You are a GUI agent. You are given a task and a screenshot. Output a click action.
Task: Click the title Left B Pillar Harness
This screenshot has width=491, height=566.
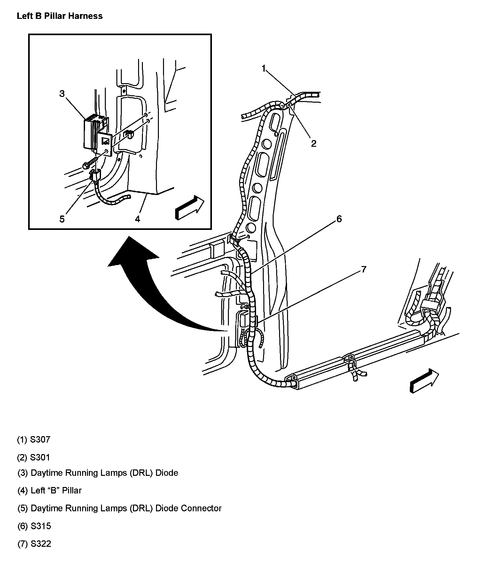pyautogui.click(x=59, y=16)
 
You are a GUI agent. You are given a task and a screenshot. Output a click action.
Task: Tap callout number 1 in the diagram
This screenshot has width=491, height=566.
pyautogui.click(x=264, y=68)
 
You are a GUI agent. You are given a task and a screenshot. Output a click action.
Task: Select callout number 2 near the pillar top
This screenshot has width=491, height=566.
pyautogui.click(x=314, y=144)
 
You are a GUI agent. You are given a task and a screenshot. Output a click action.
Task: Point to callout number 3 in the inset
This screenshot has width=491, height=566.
pyautogui.click(x=62, y=94)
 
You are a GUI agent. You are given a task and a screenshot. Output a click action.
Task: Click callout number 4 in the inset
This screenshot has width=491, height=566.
pyautogui.click(x=137, y=219)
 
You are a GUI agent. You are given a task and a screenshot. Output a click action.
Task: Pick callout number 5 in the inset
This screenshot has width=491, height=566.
pyautogui.click(x=62, y=219)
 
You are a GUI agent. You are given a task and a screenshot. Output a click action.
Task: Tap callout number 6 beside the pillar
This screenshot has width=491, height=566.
pyautogui.click(x=339, y=219)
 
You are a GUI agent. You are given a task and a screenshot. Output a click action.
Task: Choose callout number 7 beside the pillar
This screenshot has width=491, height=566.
pyautogui.click(x=363, y=270)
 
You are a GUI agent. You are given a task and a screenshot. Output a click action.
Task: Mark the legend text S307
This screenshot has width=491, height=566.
pyautogui.click(x=40, y=439)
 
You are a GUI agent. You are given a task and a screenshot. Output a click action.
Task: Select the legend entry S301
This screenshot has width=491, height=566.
pyautogui.click(x=40, y=457)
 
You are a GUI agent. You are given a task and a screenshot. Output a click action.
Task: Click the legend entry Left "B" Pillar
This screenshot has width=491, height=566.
pyautogui.click(x=56, y=491)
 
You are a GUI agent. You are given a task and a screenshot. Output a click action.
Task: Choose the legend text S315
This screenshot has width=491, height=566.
pyautogui.click(x=41, y=526)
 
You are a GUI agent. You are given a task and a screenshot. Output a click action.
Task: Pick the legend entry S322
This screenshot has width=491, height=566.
pyautogui.click(x=41, y=544)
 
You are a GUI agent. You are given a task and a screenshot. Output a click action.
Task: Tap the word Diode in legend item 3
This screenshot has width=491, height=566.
pyautogui.click(x=167, y=473)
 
